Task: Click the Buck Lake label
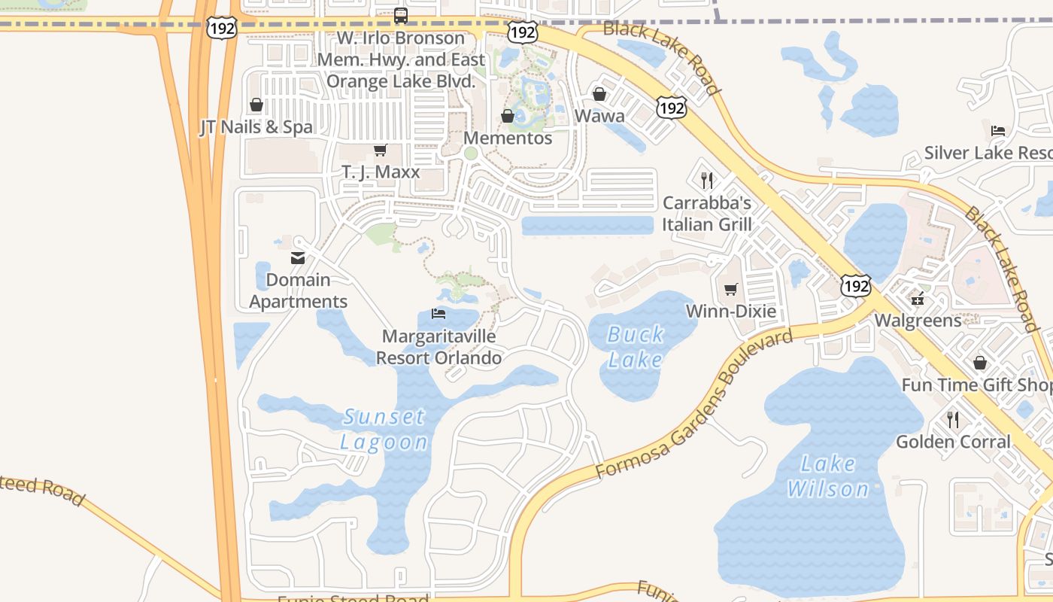click(636, 347)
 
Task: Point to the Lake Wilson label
click(827, 476)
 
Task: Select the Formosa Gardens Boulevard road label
click(694, 404)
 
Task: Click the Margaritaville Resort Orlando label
click(438, 347)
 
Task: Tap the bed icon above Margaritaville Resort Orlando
click(438, 313)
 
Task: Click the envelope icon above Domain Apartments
click(298, 258)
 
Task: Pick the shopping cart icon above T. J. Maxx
click(381, 150)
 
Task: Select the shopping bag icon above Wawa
click(599, 95)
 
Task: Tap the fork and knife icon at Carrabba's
click(706, 181)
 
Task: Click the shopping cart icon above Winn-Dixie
click(730, 289)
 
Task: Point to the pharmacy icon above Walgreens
click(918, 299)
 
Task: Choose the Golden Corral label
click(953, 442)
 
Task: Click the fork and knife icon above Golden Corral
click(953, 419)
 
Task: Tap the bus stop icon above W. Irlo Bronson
click(401, 15)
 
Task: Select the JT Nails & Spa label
click(256, 127)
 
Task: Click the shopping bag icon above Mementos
click(508, 116)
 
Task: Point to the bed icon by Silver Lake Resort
click(998, 131)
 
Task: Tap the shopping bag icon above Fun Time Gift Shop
click(980, 363)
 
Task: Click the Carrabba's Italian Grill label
click(707, 214)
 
